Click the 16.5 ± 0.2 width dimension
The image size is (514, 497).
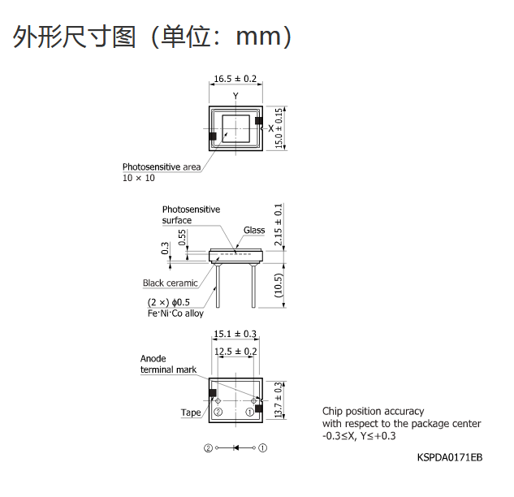(235, 79)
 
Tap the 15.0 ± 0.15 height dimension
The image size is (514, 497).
(279, 128)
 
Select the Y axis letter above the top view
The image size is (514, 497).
(235, 96)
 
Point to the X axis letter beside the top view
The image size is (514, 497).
(270, 128)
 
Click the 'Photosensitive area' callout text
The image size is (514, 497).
(162, 166)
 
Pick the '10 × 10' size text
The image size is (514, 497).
(139, 178)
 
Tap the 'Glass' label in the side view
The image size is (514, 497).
(254, 230)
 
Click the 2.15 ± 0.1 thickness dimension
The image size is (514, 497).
(279, 225)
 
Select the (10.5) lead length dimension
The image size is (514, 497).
(279, 285)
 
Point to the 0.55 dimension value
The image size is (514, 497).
(182, 237)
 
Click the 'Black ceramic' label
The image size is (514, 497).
(171, 283)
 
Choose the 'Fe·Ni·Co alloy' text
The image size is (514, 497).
(175, 313)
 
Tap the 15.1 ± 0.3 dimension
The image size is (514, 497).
(235, 334)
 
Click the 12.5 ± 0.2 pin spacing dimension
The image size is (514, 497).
(235, 352)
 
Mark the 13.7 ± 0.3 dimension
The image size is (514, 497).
(279, 400)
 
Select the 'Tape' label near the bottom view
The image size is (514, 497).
(191, 413)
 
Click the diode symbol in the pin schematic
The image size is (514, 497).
(235, 447)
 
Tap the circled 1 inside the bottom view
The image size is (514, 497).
(250, 412)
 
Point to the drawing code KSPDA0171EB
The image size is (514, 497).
(450, 457)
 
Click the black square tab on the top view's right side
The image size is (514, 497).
(259, 121)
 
